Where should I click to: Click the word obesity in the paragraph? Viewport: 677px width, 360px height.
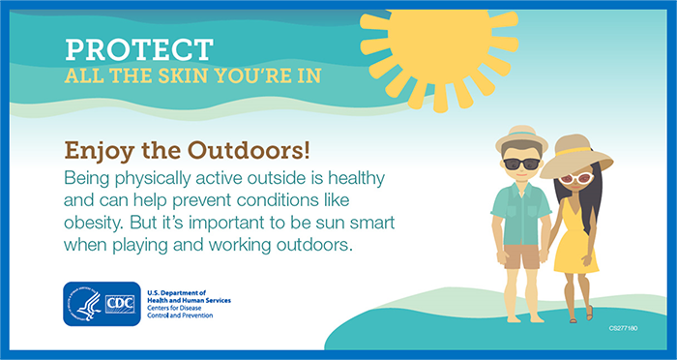coord(96,224)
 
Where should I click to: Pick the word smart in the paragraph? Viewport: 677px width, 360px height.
coord(384,224)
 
